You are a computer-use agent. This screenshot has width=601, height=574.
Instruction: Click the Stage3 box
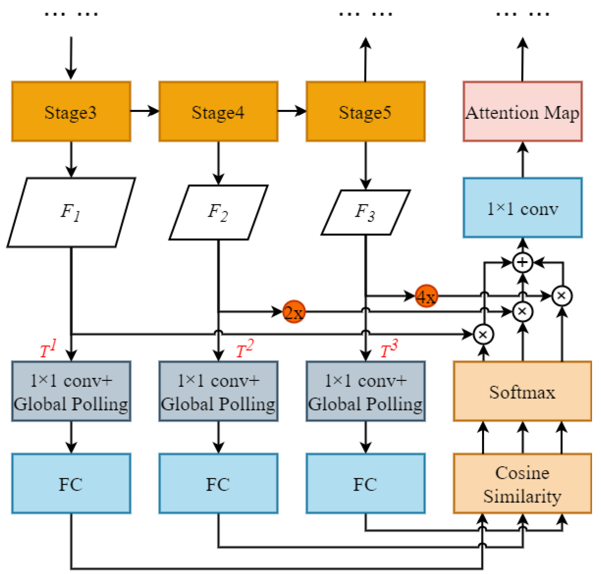71,111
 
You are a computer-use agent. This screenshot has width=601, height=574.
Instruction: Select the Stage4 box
218,111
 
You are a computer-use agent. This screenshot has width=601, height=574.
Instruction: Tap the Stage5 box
365,111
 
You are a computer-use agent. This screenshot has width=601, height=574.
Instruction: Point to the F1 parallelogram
71,212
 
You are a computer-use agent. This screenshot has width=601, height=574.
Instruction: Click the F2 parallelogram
218,212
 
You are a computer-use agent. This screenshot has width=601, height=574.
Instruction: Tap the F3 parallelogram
365,212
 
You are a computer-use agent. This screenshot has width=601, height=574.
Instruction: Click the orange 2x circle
293,311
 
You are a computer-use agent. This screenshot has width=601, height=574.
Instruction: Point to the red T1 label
48,349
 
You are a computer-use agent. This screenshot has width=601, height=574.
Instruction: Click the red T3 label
388,349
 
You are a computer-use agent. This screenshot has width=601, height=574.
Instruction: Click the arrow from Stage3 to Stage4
144,111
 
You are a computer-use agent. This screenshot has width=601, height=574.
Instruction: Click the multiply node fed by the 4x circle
561,296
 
